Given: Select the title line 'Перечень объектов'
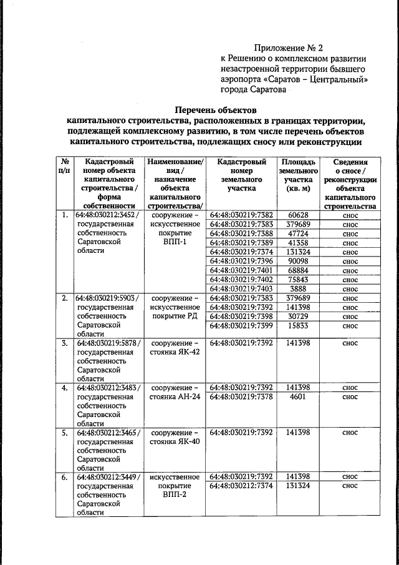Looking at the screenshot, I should click(215, 109).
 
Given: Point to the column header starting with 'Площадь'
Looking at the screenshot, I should click(299, 175).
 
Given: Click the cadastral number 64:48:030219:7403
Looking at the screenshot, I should click(242, 289).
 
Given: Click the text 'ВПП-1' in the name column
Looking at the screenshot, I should click(173, 242).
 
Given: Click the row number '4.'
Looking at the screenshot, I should click(64, 388).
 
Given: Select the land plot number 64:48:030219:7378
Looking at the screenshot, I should click(242, 396).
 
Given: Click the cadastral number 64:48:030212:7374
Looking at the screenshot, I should click(242, 485).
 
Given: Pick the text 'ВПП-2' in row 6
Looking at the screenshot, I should click(173, 494).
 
